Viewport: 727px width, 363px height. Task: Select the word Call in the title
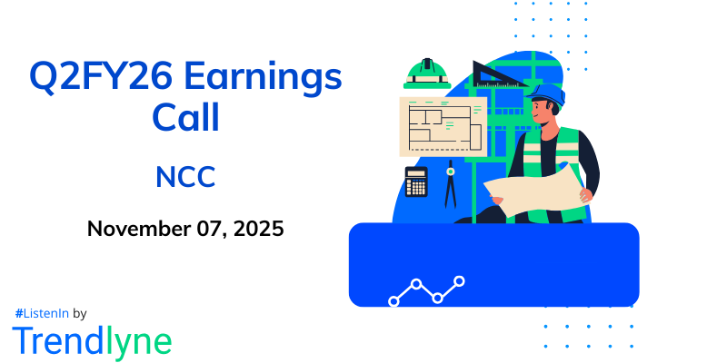tap(185, 118)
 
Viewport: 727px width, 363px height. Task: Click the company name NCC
tap(185, 177)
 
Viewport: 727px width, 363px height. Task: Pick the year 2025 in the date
tap(259, 228)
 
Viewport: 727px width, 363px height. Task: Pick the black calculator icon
tap(416, 181)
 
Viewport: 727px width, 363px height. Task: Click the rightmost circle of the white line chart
tap(460, 281)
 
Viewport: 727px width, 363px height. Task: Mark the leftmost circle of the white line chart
tap(393, 299)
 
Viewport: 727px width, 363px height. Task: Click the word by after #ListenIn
tap(79, 313)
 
